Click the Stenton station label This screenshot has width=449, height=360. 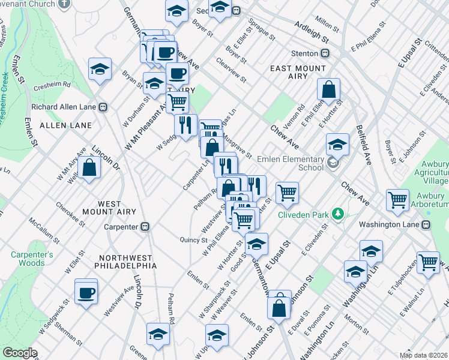304,53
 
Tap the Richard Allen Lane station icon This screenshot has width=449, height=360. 103,107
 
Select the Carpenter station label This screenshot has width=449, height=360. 121,227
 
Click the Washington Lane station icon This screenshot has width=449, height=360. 426,224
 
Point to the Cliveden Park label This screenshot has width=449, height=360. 306,214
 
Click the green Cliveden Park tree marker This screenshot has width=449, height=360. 338,214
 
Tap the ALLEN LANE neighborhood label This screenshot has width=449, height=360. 66,125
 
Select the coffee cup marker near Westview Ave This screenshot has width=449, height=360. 87,292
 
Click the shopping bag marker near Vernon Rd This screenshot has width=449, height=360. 329,91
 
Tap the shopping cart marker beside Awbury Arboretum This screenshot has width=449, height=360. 397,200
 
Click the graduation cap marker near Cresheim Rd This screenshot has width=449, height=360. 100,69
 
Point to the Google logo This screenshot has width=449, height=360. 20,353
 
